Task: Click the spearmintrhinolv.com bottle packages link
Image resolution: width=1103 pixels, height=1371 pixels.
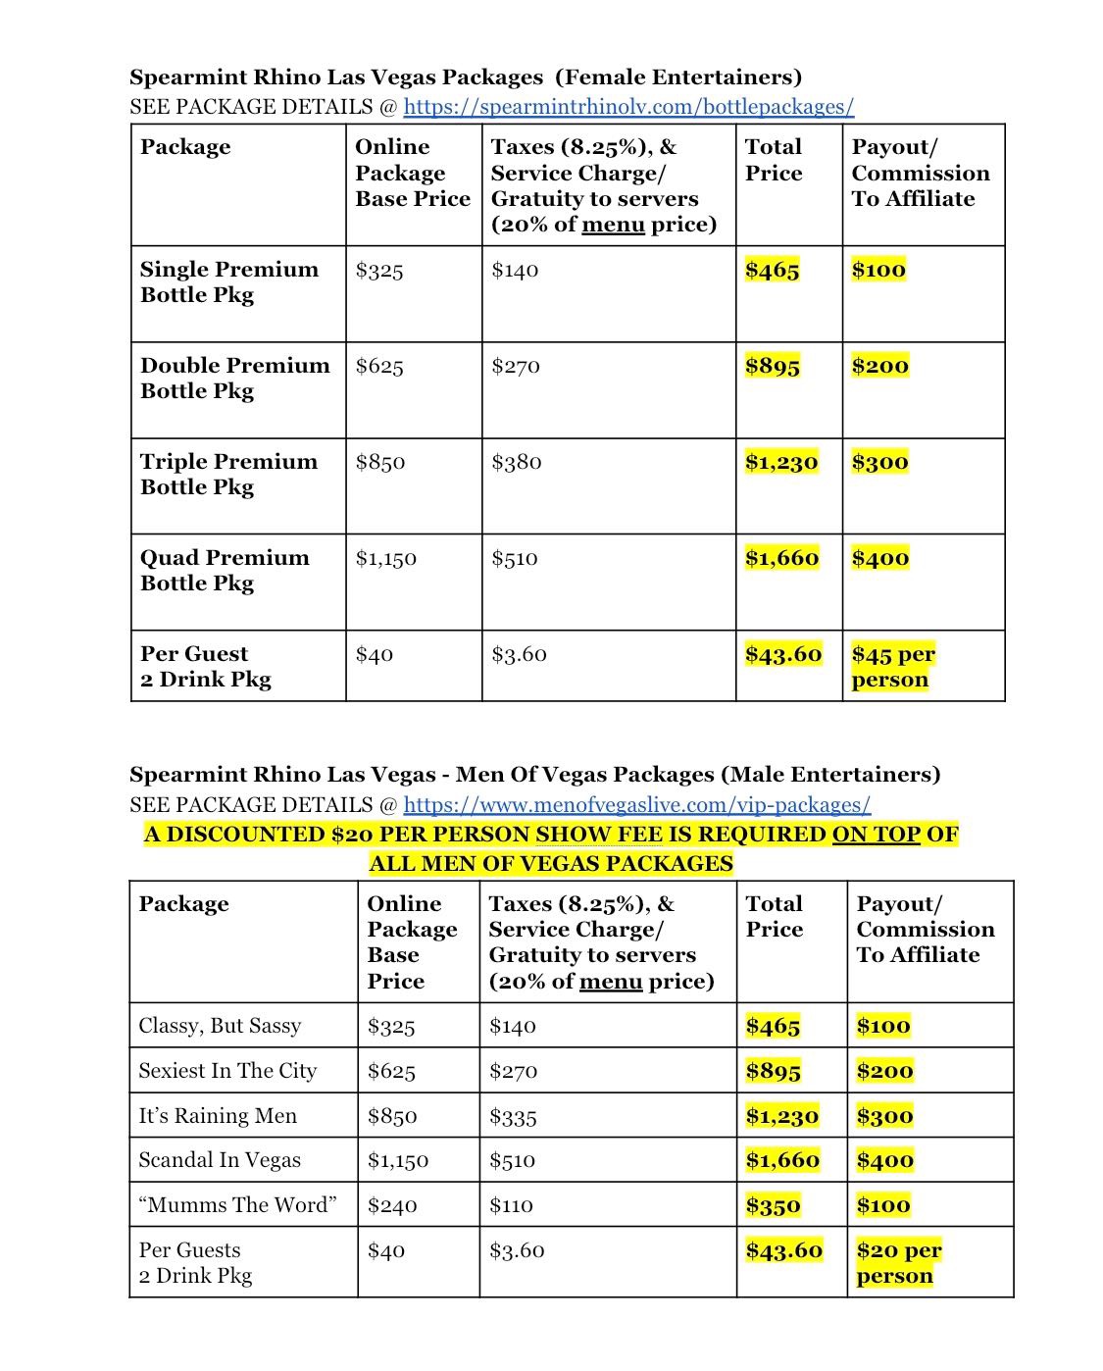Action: pyautogui.click(x=628, y=107)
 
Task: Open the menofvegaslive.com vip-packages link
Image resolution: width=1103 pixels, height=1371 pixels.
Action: pyautogui.click(x=636, y=805)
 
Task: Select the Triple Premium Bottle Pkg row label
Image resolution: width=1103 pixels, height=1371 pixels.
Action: pyautogui.click(x=228, y=475)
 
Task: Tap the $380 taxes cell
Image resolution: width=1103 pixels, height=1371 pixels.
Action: pyautogui.click(x=516, y=463)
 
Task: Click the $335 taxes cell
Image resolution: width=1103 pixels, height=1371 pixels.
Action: pyautogui.click(x=513, y=1117)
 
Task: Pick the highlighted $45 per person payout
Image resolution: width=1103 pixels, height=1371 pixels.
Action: pyautogui.click(x=892, y=667)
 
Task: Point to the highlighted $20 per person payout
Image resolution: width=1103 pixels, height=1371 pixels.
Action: pyautogui.click(x=897, y=1263)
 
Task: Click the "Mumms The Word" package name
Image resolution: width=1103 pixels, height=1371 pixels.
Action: pyautogui.click(x=237, y=1205)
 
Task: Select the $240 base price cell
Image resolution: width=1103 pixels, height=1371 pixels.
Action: pyautogui.click(x=392, y=1206)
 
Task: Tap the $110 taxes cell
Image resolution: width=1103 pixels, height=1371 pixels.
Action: pyautogui.click(x=511, y=1206)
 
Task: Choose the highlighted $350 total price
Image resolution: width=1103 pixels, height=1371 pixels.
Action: pyautogui.click(x=773, y=1206)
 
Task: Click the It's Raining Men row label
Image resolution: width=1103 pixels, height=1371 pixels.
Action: pyautogui.click(x=218, y=1116)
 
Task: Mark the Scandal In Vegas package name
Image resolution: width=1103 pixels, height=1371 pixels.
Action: pyautogui.click(x=220, y=1160)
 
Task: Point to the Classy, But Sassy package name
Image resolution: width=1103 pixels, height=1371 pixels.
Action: pyautogui.click(x=220, y=1026)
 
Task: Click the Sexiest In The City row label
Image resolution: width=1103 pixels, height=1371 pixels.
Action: pyautogui.click(x=227, y=1071)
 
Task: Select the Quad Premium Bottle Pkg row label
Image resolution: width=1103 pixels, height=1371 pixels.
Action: pyautogui.click(x=225, y=571)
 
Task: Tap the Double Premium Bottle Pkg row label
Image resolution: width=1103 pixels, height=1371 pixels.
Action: pyautogui.click(x=234, y=379)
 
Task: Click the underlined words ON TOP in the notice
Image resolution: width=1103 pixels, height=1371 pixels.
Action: pyautogui.click(x=876, y=835)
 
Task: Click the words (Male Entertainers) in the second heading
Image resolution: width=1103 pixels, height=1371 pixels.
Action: pyautogui.click(x=829, y=775)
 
